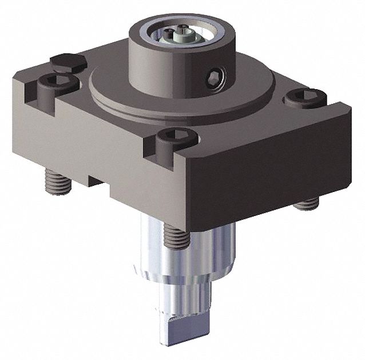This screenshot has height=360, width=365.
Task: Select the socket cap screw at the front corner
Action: (177, 137)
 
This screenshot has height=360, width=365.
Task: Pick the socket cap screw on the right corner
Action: (305, 97)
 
